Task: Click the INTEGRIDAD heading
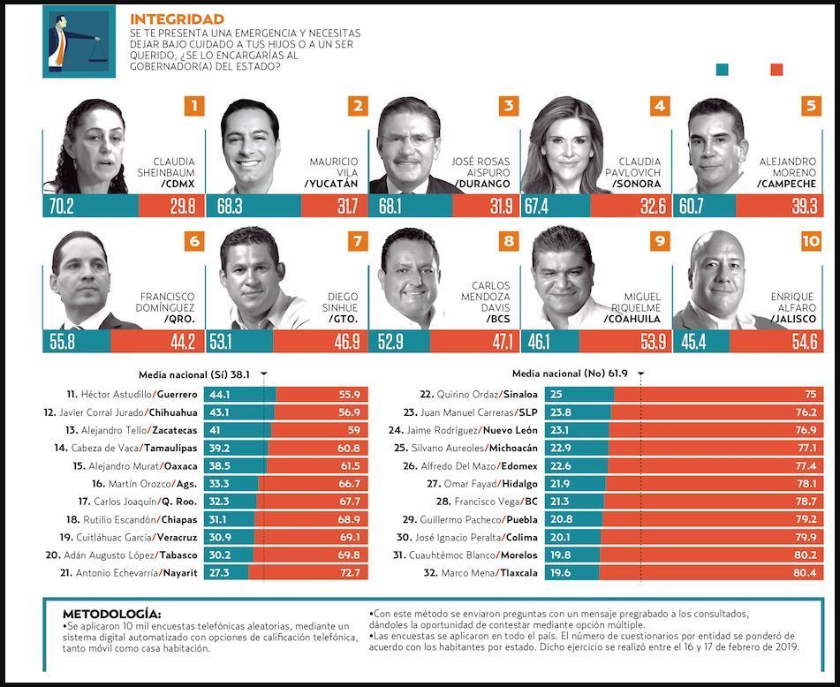(x=177, y=19)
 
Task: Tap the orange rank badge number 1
(x=194, y=107)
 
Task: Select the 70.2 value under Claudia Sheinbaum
(x=59, y=207)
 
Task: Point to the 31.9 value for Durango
(x=500, y=207)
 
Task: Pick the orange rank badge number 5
(x=811, y=107)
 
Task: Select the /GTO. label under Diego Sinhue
(x=343, y=319)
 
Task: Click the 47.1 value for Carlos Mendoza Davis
(x=500, y=342)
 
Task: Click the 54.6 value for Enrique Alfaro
(x=805, y=342)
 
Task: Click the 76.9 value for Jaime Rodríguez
(x=806, y=430)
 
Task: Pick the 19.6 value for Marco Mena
(x=561, y=573)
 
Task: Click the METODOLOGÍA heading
(x=111, y=614)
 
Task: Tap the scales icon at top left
(x=67, y=41)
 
